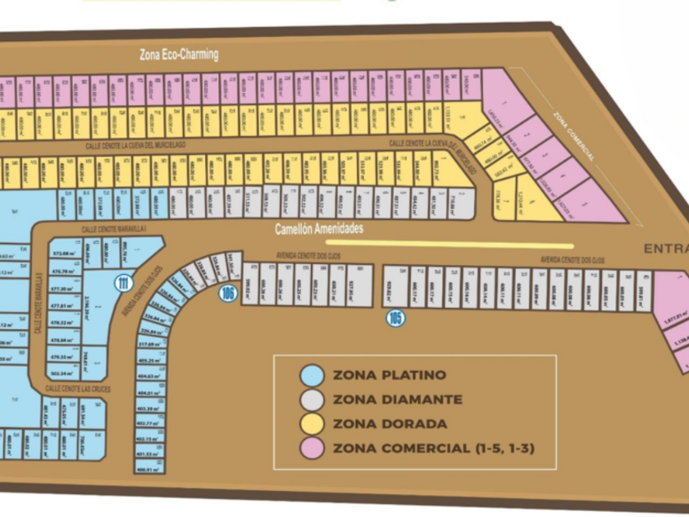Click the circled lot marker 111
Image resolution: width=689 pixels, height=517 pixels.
(124, 284)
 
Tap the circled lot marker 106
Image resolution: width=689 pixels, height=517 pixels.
(228, 293)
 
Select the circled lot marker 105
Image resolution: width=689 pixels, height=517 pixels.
(396, 318)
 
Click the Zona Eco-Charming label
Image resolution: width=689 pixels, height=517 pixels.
(178, 54)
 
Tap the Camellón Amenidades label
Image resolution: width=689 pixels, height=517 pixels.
(320, 229)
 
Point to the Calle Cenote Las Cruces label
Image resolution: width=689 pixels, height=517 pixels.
(78, 387)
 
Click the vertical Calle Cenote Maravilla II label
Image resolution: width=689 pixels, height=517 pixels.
(37, 304)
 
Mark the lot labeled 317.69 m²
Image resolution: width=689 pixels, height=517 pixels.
(149, 344)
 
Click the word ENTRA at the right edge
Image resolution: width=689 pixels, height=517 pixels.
(665, 249)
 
